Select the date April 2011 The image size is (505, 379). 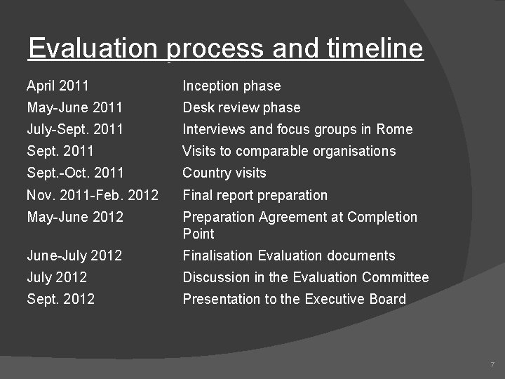(58, 86)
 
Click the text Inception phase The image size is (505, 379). (231, 86)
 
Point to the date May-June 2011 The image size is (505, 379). (74, 107)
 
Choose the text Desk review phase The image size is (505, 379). (241, 107)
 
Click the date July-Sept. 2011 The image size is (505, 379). (74, 129)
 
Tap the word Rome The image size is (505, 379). (394, 129)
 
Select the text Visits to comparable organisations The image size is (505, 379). (289, 151)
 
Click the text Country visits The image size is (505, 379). (224, 173)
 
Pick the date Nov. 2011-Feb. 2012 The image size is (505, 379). (93, 195)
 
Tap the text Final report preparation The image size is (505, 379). (255, 195)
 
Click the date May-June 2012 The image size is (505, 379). (74, 217)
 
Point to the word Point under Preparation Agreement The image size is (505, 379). (198, 233)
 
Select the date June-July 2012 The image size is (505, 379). (74, 255)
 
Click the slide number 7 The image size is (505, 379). (492, 365)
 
